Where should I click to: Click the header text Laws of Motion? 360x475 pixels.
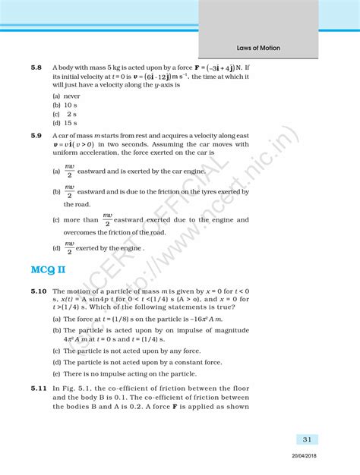(254, 48)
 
